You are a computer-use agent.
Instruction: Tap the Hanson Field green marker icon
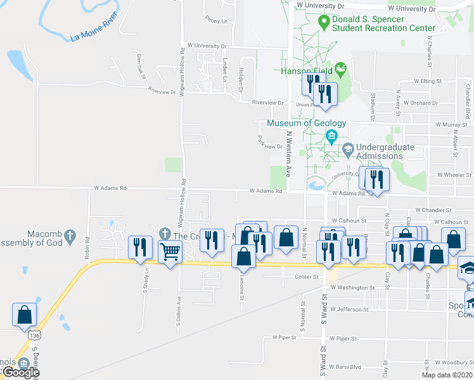coord(341,68)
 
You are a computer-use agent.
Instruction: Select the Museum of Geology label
coord(307,123)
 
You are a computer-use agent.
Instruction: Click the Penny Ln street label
coord(215,21)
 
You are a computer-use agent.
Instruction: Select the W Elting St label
coord(428,81)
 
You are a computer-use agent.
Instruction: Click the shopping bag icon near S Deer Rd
coord(24,314)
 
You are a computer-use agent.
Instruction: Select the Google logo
coord(20,372)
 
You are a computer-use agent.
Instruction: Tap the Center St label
coord(305,277)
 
